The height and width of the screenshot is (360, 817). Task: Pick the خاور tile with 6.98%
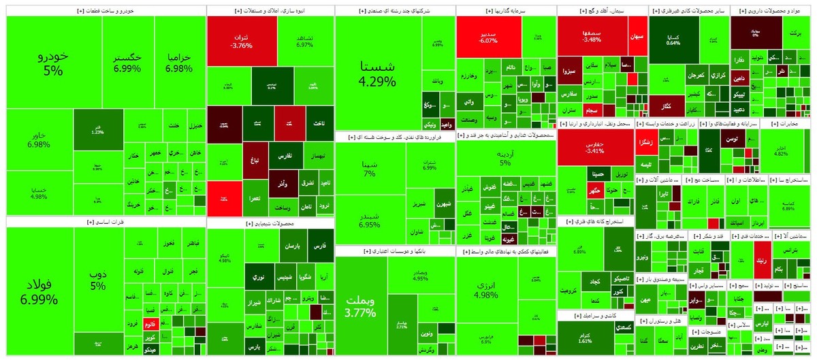click(39, 140)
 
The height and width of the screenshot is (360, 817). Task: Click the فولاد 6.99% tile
click(39, 290)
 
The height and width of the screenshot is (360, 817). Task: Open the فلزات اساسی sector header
click(105, 222)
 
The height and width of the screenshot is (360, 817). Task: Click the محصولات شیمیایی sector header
click(270, 223)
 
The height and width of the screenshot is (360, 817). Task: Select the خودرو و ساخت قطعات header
click(105, 11)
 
